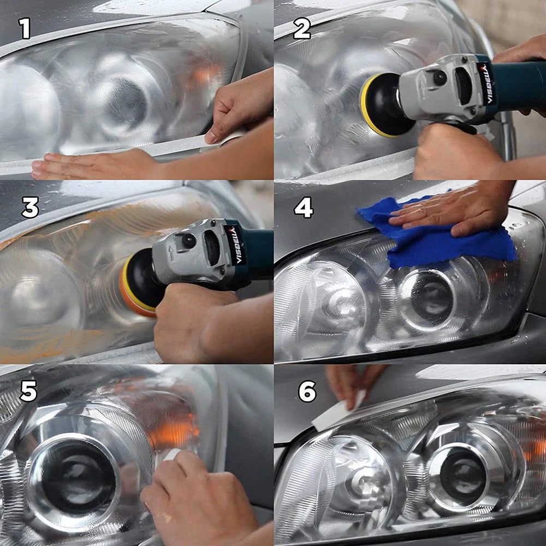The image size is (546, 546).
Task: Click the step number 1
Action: click(25, 28)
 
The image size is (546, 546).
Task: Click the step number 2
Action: click(301, 28)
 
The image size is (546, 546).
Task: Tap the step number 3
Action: click(29, 208)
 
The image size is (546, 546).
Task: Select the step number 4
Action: click(304, 207)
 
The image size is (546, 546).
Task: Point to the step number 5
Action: click(28, 391)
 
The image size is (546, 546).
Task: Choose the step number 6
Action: click(307, 391)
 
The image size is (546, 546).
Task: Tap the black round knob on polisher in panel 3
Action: click(189, 240)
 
